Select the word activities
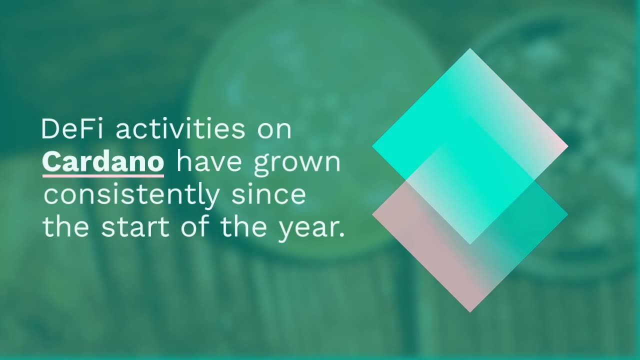[180, 129]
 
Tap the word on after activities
[274, 131]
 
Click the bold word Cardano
[103, 161]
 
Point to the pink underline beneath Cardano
[103, 175]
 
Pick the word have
[209, 161]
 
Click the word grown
[297, 165]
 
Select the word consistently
[131, 195]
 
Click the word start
[135, 227]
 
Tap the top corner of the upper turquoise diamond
[470, 48]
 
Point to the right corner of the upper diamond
[568, 146]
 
